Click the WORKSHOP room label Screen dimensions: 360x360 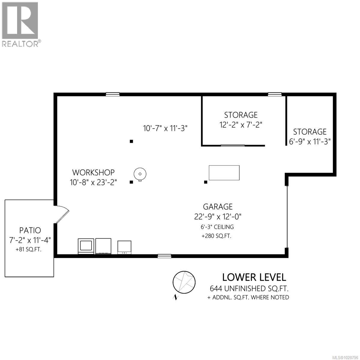(93, 172)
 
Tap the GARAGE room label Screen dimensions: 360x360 (218, 206)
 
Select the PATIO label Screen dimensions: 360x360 (30, 230)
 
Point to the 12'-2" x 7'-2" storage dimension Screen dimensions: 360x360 (241, 124)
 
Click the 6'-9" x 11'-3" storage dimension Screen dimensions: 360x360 (310, 141)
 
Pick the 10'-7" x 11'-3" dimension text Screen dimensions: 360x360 (165, 128)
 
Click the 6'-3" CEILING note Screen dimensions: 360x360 (218, 227)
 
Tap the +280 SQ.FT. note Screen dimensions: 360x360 (216, 236)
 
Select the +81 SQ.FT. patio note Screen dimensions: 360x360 (29, 249)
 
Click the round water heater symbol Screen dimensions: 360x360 (140, 173)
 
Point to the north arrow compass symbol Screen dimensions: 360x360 (183, 282)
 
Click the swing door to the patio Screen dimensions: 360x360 (62, 214)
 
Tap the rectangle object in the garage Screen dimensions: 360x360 (224, 172)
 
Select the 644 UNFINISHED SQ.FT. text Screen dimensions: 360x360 (249, 289)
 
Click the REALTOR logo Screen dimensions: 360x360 (20, 24)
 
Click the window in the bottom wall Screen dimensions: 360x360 (164, 256)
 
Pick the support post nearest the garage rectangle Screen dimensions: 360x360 (205, 182)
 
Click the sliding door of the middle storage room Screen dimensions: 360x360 (233, 145)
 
